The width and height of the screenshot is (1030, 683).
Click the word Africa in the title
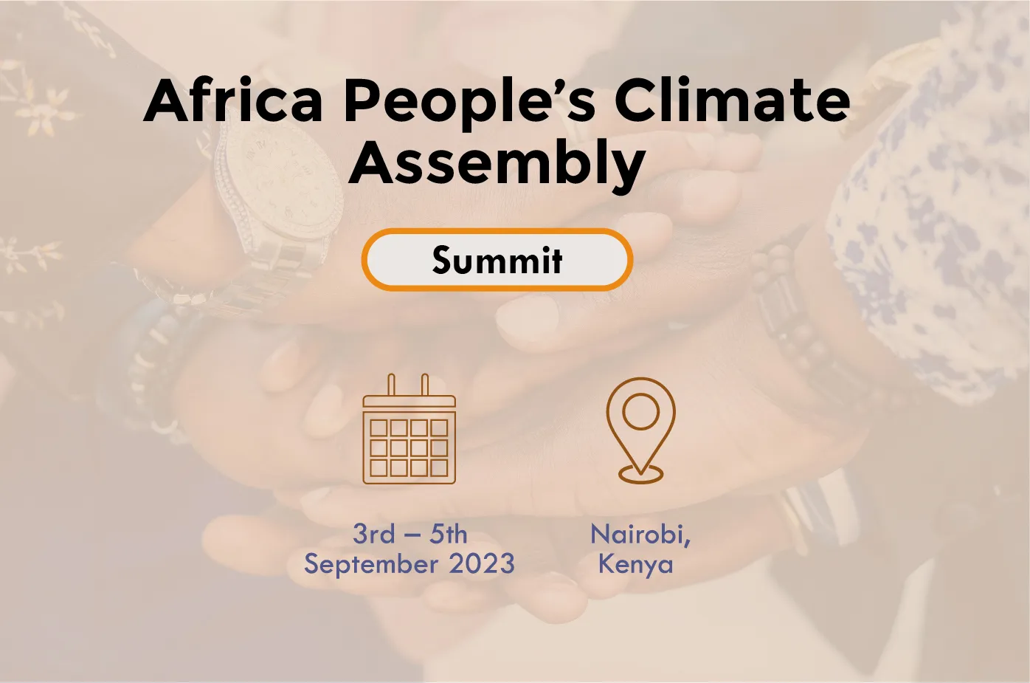pyautogui.click(x=233, y=100)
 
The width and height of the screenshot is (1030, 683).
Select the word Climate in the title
pyautogui.click(x=732, y=100)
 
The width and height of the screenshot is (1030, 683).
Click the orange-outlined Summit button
pyautogui.click(x=497, y=260)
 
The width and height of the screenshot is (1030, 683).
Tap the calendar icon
pyautogui.click(x=409, y=429)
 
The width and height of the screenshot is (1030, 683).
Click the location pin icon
pyautogui.click(x=640, y=430)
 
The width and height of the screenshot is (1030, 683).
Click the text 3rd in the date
pyautogui.click(x=374, y=534)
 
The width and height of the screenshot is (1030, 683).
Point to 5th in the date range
pyautogui.click(x=449, y=534)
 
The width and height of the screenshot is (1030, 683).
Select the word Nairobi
pyautogui.click(x=640, y=535)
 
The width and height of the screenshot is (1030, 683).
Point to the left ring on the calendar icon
pyautogui.click(x=391, y=385)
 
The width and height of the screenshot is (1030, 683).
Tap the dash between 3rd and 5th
pyautogui.click(x=412, y=536)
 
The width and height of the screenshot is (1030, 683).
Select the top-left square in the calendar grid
pyautogui.click(x=379, y=428)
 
